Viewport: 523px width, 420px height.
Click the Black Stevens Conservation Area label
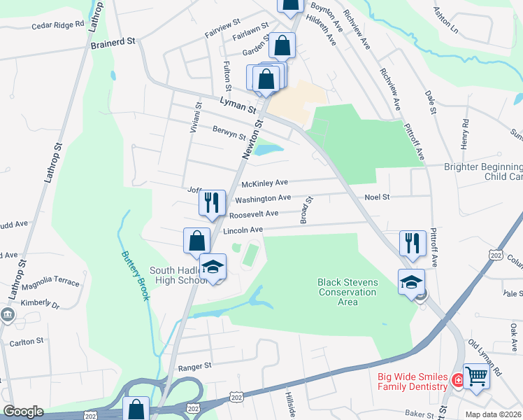pyautogui.click(x=348, y=292)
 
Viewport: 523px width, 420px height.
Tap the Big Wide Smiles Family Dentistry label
pyautogui.click(x=413, y=381)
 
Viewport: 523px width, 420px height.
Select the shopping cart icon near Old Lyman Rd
pyautogui.click(x=476, y=376)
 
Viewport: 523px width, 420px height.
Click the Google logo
pyautogui.click(x=23, y=412)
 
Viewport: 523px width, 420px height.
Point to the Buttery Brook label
pyautogui.click(x=136, y=276)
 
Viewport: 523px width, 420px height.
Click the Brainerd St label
pyautogui.click(x=113, y=43)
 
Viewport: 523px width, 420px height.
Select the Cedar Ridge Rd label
pyautogui.click(x=57, y=26)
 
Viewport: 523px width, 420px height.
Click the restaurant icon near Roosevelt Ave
pyautogui.click(x=212, y=203)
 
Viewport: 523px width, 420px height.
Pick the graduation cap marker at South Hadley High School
pyautogui.click(x=213, y=267)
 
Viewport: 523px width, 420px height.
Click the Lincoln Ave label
pyautogui.click(x=243, y=230)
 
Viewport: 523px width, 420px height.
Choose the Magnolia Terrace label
pyautogui.click(x=50, y=281)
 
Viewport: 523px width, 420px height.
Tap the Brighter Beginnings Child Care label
pyautogui.click(x=484, y=171)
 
